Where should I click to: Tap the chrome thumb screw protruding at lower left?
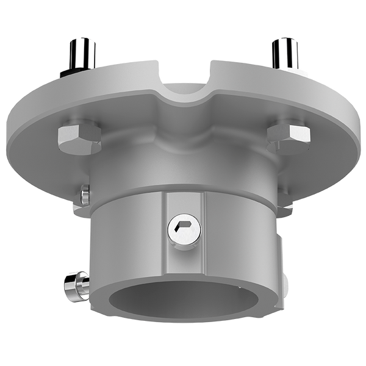pyautogui.click(x=73, y=284)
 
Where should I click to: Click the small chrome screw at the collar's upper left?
pyautogui.click(x=84, y=194)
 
